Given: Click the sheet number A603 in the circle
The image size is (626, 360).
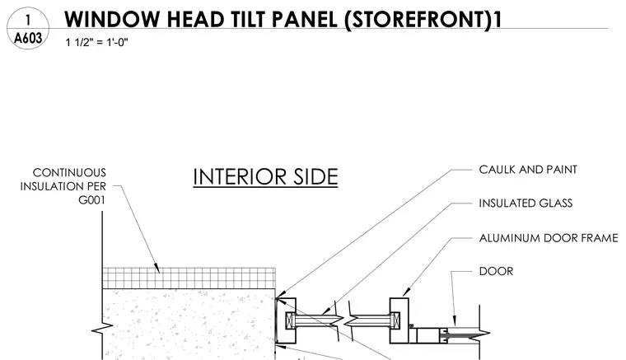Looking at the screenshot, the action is [x=28, y=39].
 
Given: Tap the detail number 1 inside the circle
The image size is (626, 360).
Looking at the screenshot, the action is [x=28, y=20].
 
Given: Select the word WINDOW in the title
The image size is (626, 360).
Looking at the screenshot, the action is [x=112, y=19].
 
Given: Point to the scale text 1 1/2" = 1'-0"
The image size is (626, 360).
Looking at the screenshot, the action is [x=96, y=42].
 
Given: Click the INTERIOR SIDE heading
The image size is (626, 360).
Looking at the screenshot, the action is [x=265, y=177].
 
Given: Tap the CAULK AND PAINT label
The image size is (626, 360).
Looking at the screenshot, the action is [x=528, y=170].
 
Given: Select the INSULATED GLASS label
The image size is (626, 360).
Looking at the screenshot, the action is [x=526, y=203].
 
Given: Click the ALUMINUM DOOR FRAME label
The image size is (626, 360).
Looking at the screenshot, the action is [x=548, y=238].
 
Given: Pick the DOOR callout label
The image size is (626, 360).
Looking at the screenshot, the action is [x=496, y=271].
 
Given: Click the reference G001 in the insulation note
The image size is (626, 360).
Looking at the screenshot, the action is [x=91, y=199].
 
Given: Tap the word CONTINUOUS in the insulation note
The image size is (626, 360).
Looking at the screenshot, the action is [x=69, y=172].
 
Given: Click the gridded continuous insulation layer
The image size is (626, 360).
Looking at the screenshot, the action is [x=189, y=278].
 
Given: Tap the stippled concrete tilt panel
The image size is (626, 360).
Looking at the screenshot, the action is [x=189, y=324].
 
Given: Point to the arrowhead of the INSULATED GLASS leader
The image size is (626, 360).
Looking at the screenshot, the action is [x=326, y=311].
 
